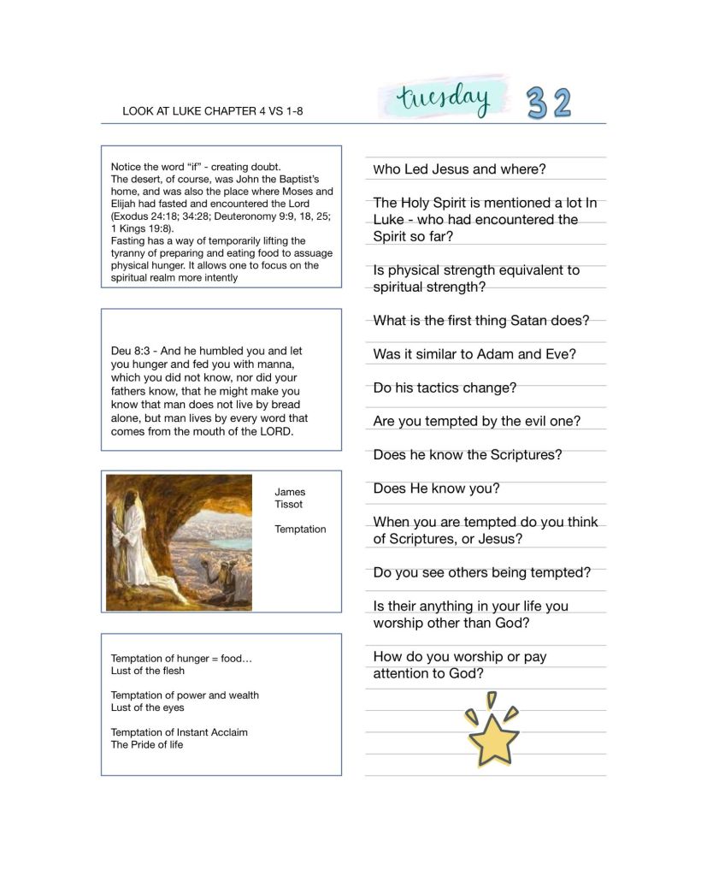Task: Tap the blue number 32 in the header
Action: (x=548, y=104)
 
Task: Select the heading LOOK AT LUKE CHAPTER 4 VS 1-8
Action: (x=213, y=111)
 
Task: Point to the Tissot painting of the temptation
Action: (x=179, y=542)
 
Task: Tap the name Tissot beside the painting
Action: (x=288, y=505)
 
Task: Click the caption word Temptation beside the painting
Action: (x=300, y=530)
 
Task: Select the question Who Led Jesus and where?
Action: (x=459, y=169)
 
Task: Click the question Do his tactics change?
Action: (x=445, y=388)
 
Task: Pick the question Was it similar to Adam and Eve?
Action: (x=474, y=354)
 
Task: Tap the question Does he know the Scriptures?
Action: (x=468, y=455)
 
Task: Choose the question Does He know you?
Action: (x=436, y=488)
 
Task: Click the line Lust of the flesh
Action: (x=147, y=672)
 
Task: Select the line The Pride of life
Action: (x=146, y=745)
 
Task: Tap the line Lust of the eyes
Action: (x=147, y=708)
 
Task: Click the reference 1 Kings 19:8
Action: (x=142, y=229)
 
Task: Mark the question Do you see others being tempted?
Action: (x=481, y=572)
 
